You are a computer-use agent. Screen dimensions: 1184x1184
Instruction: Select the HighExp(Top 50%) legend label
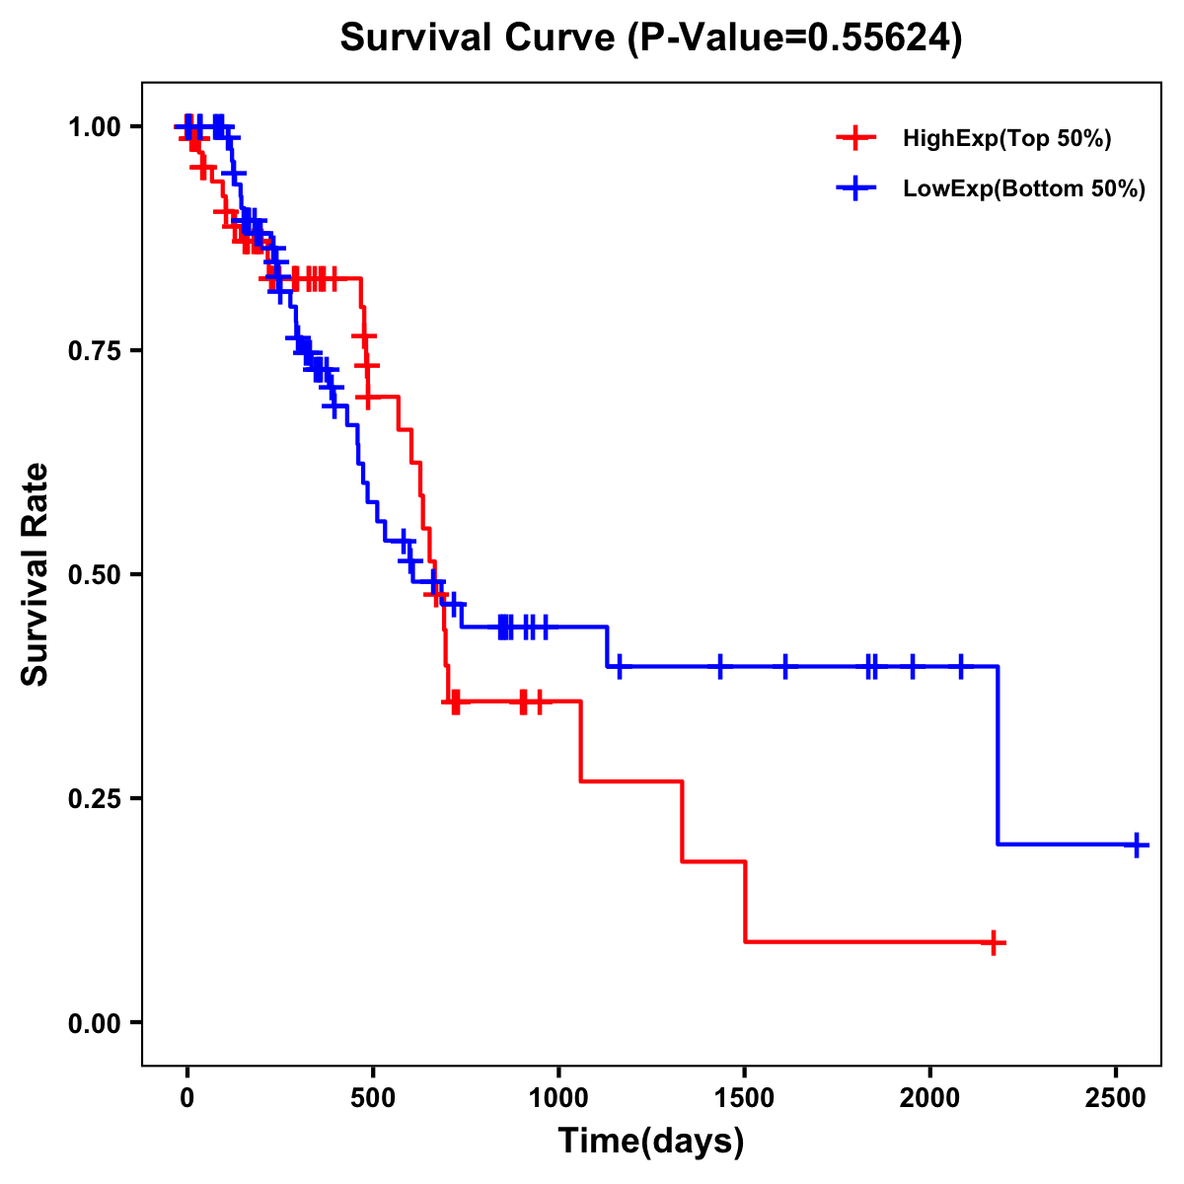click(x=1007, y=138)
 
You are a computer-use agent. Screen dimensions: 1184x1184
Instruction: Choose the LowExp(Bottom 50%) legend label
click(x=1024, y=189)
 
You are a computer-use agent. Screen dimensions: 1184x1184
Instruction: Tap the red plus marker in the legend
click(x=855, y=138)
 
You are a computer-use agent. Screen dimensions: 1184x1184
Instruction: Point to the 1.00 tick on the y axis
click(x=94, y=126)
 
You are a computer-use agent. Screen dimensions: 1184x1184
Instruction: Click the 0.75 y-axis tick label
click(x=94, y=350)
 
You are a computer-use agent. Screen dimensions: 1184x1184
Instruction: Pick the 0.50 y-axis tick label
click(x=94, y=574)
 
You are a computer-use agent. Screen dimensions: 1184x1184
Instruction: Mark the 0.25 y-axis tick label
click(x=94, y=798)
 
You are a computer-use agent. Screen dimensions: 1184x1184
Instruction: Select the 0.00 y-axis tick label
click(x=94, y=1022)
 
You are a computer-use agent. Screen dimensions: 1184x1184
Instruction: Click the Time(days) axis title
click(x=651, y=1142)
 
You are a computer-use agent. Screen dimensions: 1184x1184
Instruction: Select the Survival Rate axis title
click(x=36, y=574)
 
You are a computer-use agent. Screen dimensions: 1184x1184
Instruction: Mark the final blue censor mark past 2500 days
click(x=1137, y=845)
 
